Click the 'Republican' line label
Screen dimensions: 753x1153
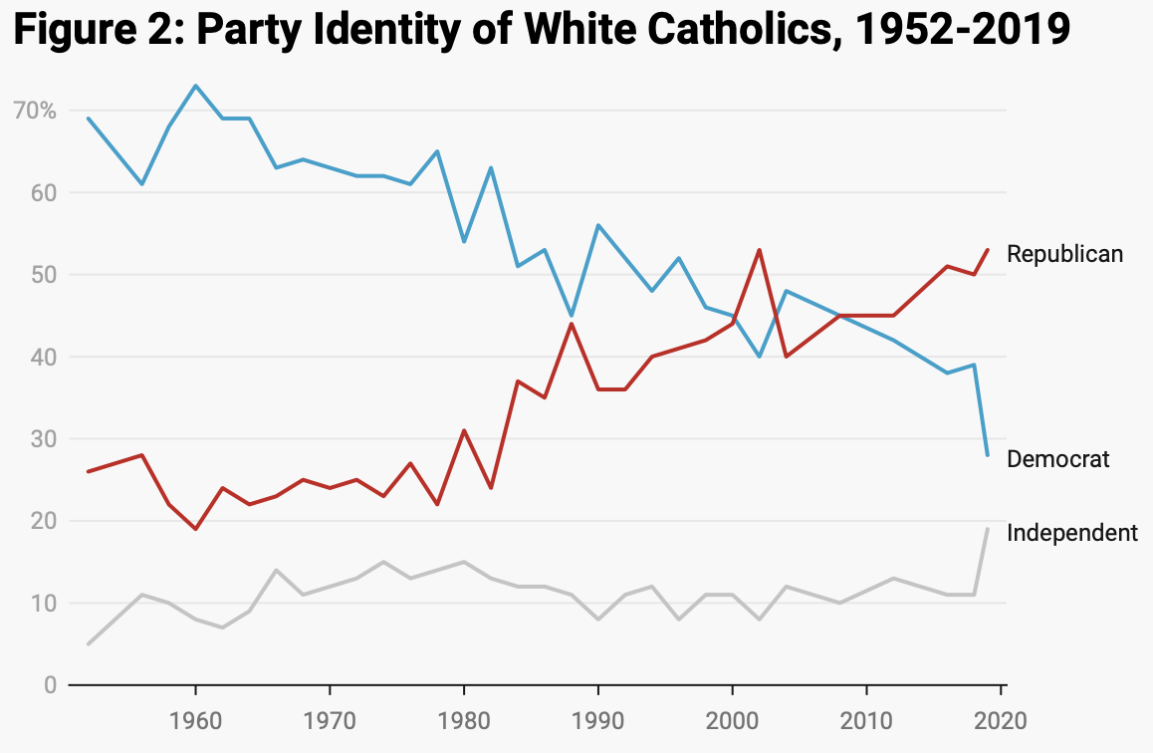pyautogui.click(x=1064, y=254)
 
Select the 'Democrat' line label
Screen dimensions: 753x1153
pyautogui.click(x=1057, y=458)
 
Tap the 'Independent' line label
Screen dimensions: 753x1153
pyautogui.click(x=1071, y=533)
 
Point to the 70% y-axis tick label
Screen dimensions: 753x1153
pyautogui.click(x=35, y=110)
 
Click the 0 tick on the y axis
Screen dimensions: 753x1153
pyautogui.click(x=48, y=685)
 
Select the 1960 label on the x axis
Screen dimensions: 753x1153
pyautogui.click(x=195, y=719)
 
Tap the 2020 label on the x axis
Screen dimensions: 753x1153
pyautogui.click(x=1000, y=719)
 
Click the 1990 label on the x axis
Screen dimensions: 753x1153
pyautogui.click(x=597, y=719)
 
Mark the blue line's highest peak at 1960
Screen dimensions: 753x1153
pyautogui.click(x=195, y=86)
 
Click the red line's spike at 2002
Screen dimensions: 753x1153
pyautogui.click(x=759, y=250)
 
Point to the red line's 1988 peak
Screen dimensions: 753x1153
pyautogui.click(x=572, y=324)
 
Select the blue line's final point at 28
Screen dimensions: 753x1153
pyautogui.click(x=987, y=455)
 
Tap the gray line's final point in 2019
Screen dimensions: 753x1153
pyautogui.click(x=987, y=529)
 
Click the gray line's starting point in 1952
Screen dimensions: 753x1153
pyautogui.click(x=89, y=643)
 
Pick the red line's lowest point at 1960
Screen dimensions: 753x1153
pyautogui.click(x=195, y=529)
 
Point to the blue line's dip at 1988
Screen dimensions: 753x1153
pyautogui.click(x=572, y=316)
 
